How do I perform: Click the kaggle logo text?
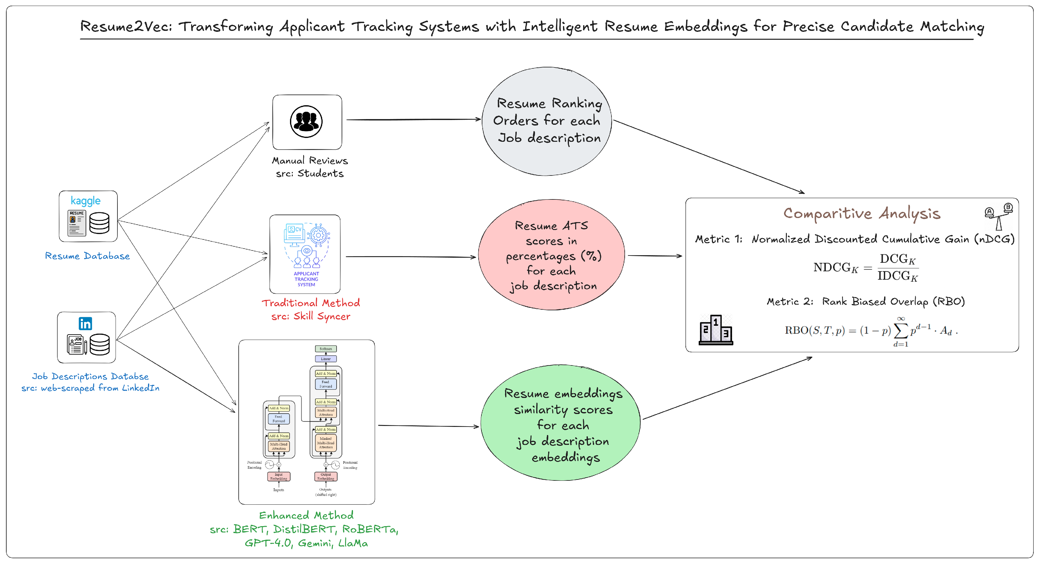(x=85, y=201)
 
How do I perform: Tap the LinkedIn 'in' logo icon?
(x=85, y=324)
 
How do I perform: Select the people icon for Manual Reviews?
(x=306, y=122)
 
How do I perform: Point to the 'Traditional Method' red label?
(x=310, y=303)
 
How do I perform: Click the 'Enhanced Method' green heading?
(x=306, y=515)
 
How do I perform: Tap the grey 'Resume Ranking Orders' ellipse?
(x=547, y=121)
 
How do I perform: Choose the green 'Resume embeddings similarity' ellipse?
(x=560, y=424)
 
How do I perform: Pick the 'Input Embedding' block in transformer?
(x=279, y=477)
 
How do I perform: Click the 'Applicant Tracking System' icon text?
(x=306, y=279)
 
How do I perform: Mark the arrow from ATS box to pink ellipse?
(x=411, y=256)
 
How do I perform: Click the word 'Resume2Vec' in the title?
(x=126, y=27)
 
